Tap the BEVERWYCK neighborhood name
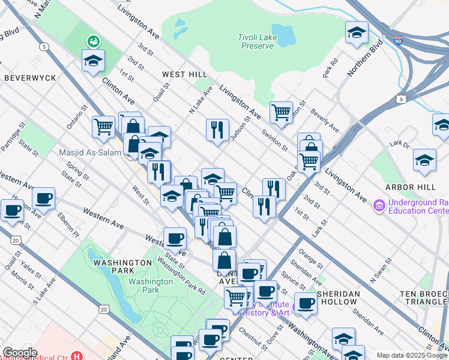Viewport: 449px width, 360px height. click(x=30, y=78)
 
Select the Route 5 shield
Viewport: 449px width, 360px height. click(x=44, y=46)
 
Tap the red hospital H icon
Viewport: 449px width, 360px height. click(x=76, y=355)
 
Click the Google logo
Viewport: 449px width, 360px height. click(x=19, y=353)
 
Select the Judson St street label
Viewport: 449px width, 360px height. click(x=240, y=127)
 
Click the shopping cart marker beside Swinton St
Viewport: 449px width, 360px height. click(x=281, y=111)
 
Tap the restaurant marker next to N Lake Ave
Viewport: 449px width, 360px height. click(x=217, y=129)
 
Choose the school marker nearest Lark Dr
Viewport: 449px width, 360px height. click(x=424, y=160)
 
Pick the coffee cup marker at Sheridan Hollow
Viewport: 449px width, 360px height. click(x=306, y=303)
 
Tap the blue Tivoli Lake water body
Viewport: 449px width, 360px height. click(x=283, y=35)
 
